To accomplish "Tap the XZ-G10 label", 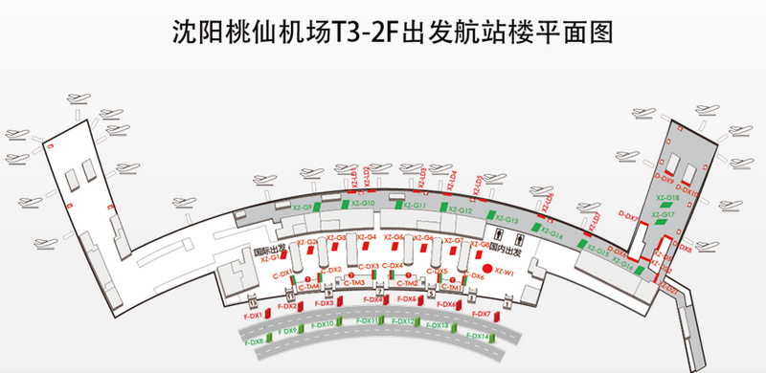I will [361, 205].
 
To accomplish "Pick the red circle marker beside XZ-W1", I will [486, 271].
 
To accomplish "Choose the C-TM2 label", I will [409, 283].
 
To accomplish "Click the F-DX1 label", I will [252, 314].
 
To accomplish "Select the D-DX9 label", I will [665, 178].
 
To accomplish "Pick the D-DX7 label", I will [628, 216].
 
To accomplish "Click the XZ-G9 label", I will [301, 207].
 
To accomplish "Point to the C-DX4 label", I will [392, 267].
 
